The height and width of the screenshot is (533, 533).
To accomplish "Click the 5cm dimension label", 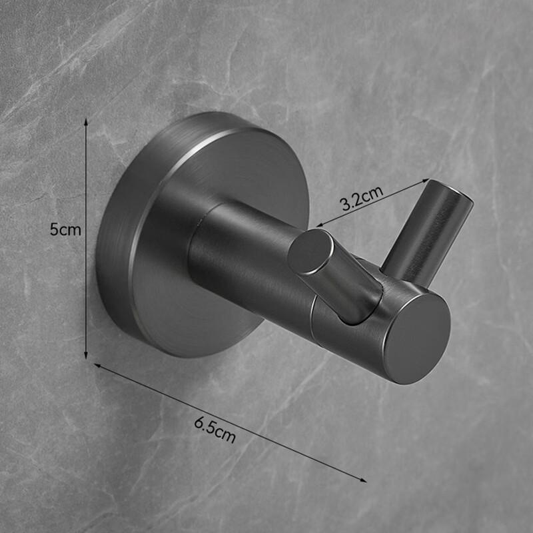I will point(65,230).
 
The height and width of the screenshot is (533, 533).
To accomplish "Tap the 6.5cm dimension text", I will point(215,429).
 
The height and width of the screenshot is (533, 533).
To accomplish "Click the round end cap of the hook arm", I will point(416,338).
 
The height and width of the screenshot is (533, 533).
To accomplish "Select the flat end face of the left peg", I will point(310,252).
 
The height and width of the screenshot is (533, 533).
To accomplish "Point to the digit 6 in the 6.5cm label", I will point(199,422).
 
